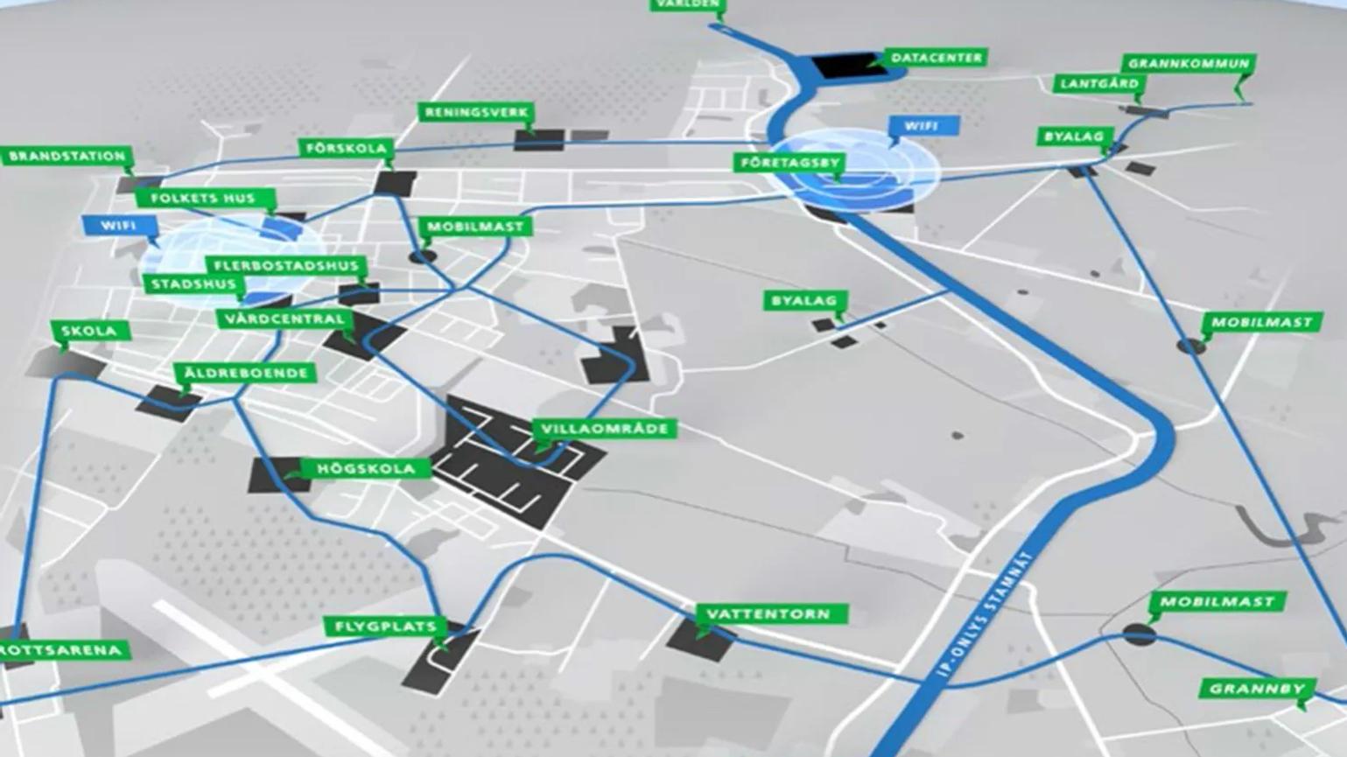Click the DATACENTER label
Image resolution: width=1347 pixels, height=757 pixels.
click(937, 58)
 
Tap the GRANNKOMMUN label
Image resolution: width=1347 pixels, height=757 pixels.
click(1188, 64)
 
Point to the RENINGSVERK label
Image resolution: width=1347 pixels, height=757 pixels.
click(476, 113)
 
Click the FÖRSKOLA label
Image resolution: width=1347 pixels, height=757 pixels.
click(346, 148)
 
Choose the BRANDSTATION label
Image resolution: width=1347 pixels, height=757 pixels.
click(67, 157)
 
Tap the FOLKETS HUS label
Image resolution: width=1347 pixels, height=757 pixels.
click(203, 199)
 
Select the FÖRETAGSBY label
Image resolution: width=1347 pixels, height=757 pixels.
click(789, 163)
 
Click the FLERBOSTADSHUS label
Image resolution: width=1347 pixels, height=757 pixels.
click(286, 265)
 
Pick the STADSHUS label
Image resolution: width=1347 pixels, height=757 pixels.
click(193, 284)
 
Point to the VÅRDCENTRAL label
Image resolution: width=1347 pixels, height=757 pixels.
click(284, 319)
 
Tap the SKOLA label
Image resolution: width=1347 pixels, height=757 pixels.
click(89, 331)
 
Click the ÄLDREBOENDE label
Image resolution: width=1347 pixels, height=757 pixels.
click(246, 373)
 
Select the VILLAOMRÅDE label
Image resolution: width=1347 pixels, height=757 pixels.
click(604, 429)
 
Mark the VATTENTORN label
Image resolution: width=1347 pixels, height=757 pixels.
click(768, 614)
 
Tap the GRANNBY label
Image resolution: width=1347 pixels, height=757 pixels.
click(1257, 689)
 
